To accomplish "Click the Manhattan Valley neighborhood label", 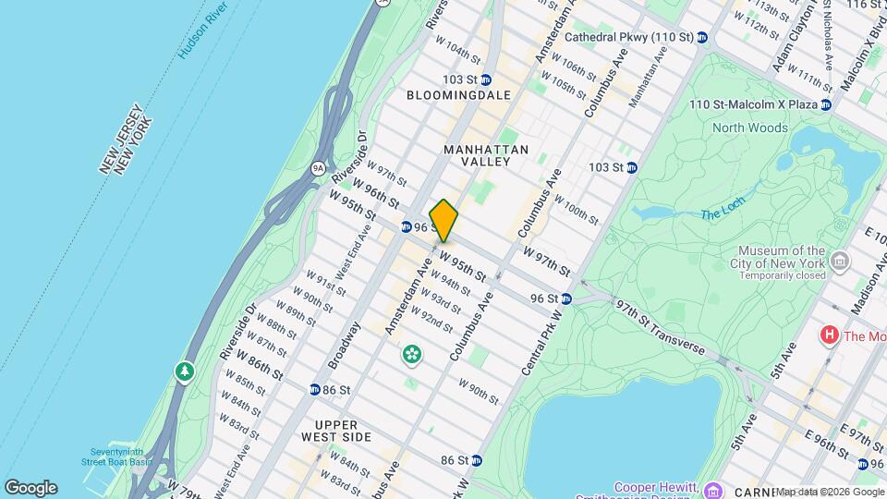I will (x=485, y=155).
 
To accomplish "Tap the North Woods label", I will (x=749, y=128).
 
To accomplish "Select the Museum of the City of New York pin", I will (x=840, y=264).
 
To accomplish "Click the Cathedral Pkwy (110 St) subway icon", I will (x=702, y=38).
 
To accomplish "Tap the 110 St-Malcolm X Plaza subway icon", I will (x=826, y=104).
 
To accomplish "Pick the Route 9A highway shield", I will (x=319, y=168).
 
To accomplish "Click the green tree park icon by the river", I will (x=185, y=371).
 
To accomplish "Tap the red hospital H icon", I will (x=829, y=335).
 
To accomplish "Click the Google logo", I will (x=30, y=487).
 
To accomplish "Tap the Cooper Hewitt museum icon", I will (x=712, y=489).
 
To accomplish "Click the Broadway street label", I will (x=343, y=344).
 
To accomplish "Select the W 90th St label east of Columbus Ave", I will (x=478, y=393).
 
